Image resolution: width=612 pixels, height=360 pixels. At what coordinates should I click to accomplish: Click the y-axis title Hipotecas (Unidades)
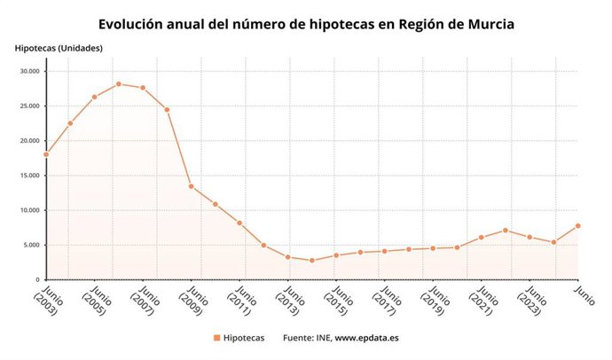[59, 47]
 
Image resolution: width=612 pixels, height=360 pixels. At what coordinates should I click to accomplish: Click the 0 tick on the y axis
[37, 279]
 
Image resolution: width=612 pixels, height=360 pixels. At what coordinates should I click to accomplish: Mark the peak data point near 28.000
[118, 84]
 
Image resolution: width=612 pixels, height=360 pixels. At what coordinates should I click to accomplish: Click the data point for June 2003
[45, 154]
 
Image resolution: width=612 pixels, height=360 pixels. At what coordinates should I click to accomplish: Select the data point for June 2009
[191, 186]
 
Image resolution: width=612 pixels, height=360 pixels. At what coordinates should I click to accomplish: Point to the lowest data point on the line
[311, 261]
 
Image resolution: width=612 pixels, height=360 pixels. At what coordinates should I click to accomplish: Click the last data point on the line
[577, 225]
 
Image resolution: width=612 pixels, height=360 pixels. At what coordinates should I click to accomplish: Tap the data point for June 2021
[481, 238]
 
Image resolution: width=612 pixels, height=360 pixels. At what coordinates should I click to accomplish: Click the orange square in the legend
[216, 338]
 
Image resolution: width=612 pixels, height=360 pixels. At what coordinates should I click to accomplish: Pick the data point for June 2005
[94, 97]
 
